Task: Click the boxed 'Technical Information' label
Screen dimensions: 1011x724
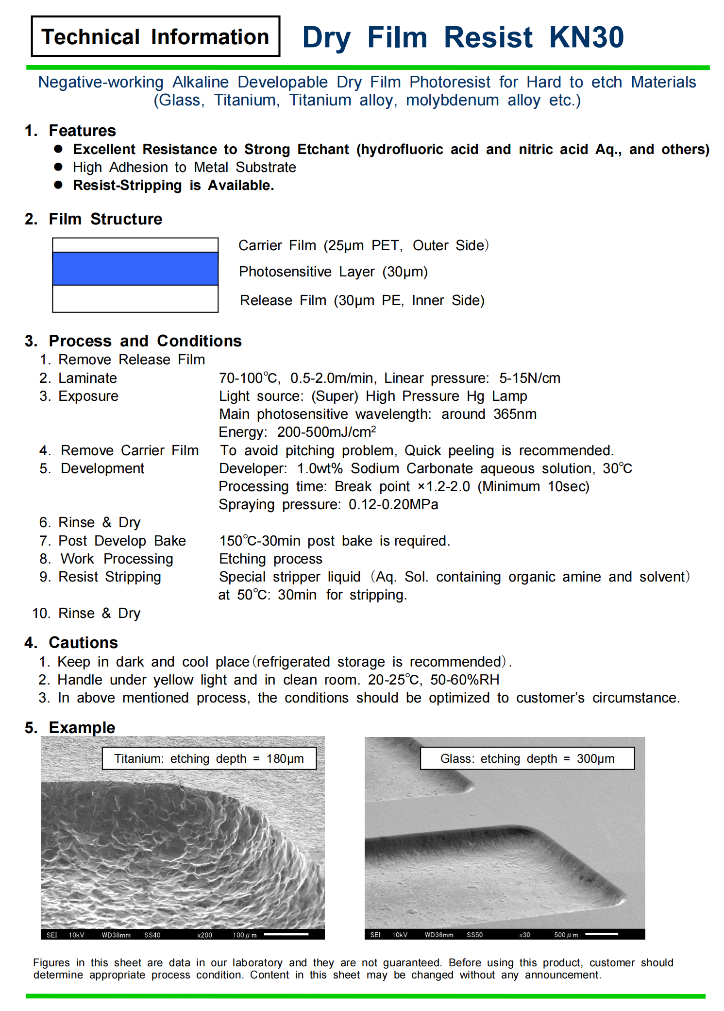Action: [x=155, y=37]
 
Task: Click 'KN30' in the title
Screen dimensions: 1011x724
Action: [x=586, y=37]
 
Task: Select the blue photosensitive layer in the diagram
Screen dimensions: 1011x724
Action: [x=135, y=269]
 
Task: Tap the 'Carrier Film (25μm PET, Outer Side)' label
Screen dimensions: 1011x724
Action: [x=363, y=245]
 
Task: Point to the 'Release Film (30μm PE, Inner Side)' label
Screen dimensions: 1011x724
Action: [x=362, y=300]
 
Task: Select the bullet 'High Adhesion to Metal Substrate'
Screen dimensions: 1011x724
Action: [x=184, y=167]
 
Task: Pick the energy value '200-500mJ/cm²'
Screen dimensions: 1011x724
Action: [x=326, y=432]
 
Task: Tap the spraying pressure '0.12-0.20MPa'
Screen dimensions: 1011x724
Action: [x=393, y=504]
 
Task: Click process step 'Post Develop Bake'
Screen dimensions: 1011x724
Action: [x=122, y=541]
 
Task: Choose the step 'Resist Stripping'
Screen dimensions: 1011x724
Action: [x=109, y=577]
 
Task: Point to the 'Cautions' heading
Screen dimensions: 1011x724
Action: [x=83, y=643]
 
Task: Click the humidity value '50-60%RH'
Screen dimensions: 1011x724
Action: [x=465, y=680]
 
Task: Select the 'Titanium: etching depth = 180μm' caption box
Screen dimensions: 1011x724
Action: [x=209, y=758]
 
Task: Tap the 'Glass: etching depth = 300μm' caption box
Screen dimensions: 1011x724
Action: [x=527, y=758]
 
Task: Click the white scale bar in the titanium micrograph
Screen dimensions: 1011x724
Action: [x=286, y=934]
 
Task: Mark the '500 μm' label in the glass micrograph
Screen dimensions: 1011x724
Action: [x=566, y=935]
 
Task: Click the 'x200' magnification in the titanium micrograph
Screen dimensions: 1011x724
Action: [x=204, y=935]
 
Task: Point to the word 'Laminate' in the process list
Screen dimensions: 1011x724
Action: [x=87, y=378]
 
